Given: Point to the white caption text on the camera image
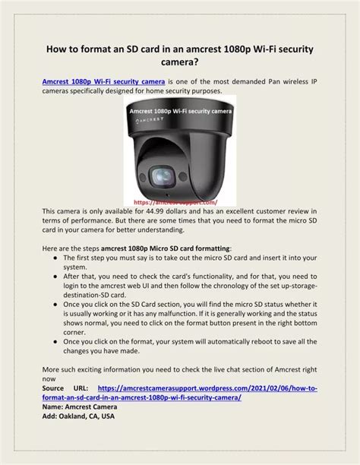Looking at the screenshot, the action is click(180, 111).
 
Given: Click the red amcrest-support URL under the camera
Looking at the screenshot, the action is click(175, 203).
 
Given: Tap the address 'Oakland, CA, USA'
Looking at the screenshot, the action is click(87, 416).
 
